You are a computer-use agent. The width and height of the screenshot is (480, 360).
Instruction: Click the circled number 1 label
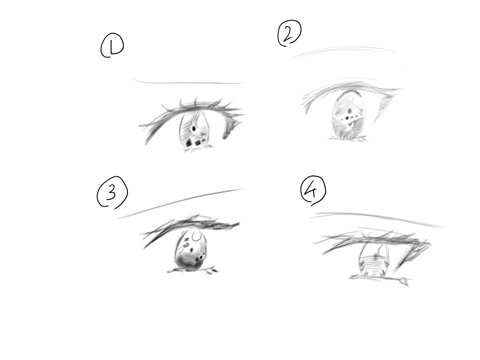112,45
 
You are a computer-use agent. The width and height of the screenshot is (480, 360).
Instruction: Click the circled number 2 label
289,33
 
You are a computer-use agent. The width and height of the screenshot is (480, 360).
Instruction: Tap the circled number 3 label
112,193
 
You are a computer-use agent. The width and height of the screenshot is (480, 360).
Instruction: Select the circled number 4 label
313,190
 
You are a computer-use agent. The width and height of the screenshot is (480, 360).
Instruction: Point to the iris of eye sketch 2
349,115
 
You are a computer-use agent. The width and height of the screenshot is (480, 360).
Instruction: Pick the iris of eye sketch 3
191,250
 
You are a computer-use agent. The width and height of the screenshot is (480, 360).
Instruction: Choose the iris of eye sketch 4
374,260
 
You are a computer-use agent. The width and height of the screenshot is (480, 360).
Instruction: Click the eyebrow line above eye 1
187,82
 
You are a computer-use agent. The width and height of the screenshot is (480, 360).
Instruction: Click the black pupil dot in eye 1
194,128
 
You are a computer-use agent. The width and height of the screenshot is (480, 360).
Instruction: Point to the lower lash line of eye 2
348,139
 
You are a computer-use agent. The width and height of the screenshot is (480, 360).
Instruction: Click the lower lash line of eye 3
192,270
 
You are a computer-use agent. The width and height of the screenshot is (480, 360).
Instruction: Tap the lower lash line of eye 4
380,278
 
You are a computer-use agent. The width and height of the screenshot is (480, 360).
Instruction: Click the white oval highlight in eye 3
197,236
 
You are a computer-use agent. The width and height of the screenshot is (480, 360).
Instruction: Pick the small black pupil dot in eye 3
192,250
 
